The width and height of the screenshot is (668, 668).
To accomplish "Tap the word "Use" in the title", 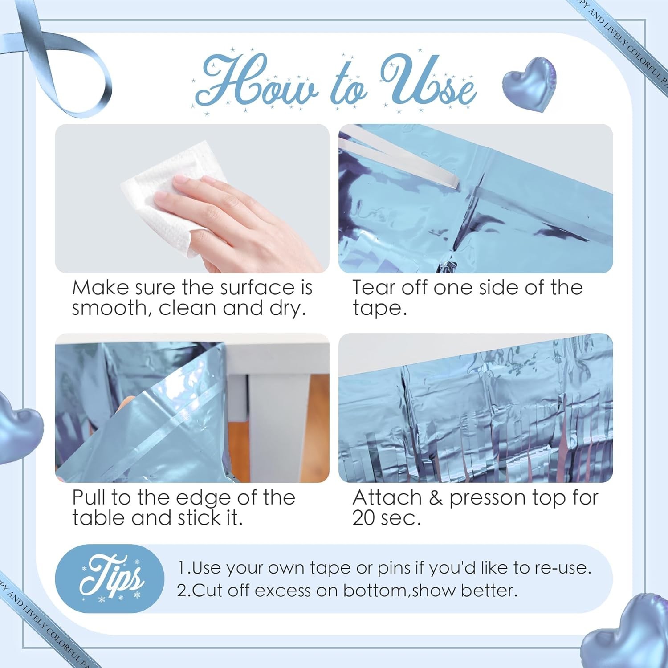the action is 428,80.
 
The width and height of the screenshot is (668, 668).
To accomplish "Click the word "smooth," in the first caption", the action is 112,308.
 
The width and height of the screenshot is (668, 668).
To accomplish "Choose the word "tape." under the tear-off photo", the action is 379,308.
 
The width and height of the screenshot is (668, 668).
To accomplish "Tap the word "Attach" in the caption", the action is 387,497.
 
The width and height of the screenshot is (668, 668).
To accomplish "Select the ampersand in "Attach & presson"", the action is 436,497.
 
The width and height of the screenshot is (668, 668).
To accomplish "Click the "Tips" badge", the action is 110,578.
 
